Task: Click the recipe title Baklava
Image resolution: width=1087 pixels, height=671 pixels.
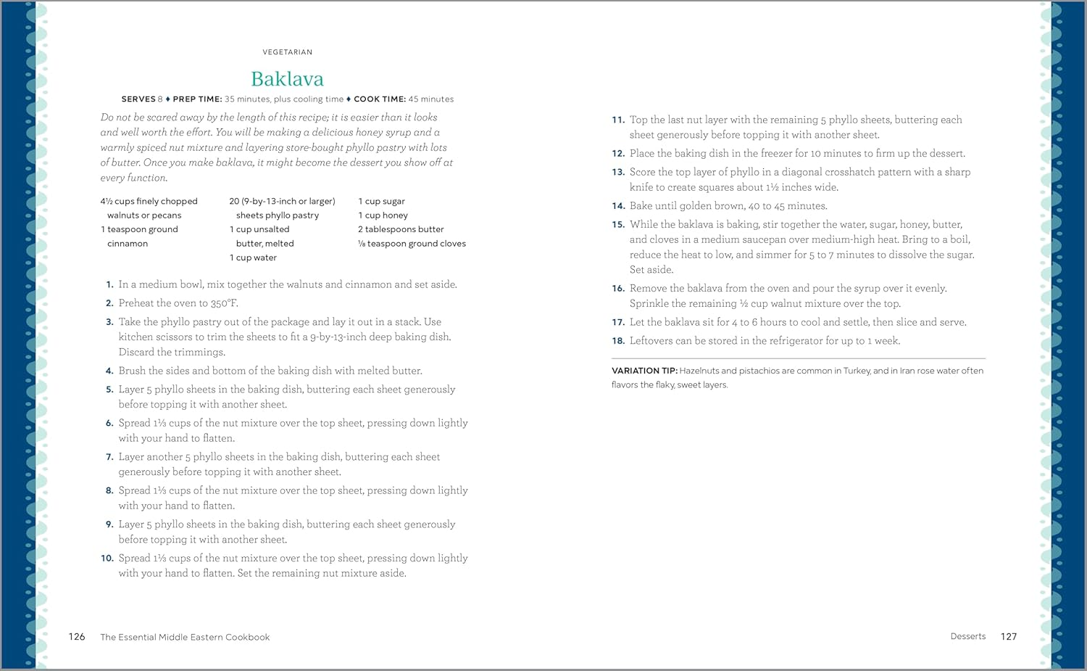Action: click(287, 78)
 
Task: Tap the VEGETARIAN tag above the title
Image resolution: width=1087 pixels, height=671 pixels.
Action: click(287, 52)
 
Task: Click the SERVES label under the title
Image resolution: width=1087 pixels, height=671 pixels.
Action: click(138, 99)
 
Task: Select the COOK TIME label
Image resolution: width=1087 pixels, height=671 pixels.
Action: click(380, 99)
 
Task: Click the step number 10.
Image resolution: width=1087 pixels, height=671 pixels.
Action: click(107, 559)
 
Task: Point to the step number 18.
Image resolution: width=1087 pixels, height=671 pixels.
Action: click(618, 341)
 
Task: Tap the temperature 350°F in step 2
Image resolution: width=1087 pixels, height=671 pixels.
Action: click(224, 303)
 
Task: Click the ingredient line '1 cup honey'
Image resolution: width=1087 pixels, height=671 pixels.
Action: click(383, 215)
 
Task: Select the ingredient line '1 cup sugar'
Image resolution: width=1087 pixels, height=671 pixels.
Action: click(381, 201)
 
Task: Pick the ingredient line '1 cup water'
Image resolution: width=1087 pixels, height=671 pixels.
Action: click(253, 258)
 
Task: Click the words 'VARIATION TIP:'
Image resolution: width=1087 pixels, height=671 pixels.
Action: click(644, 371)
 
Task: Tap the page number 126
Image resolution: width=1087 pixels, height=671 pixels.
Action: click(77, 637)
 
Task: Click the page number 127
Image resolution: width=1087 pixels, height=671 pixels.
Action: click(1009, 637)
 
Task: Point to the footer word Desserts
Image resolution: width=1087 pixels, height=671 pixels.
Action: click(968, 636)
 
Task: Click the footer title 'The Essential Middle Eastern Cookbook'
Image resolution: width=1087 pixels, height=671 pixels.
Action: click(185, 638)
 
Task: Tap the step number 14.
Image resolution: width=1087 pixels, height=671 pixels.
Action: click(618, 206)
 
